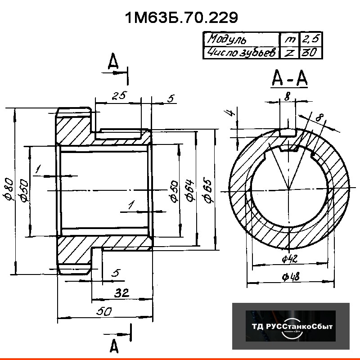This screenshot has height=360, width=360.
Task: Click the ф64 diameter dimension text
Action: click(x=189, y=191)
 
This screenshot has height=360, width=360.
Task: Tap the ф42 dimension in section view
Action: click(x=287, y=259)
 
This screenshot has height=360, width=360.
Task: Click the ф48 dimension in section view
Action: click(x=292, y=278)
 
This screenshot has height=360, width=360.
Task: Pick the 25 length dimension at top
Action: click(x=120, y=95)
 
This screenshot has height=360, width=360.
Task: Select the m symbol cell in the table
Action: click(x=288, y=39)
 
